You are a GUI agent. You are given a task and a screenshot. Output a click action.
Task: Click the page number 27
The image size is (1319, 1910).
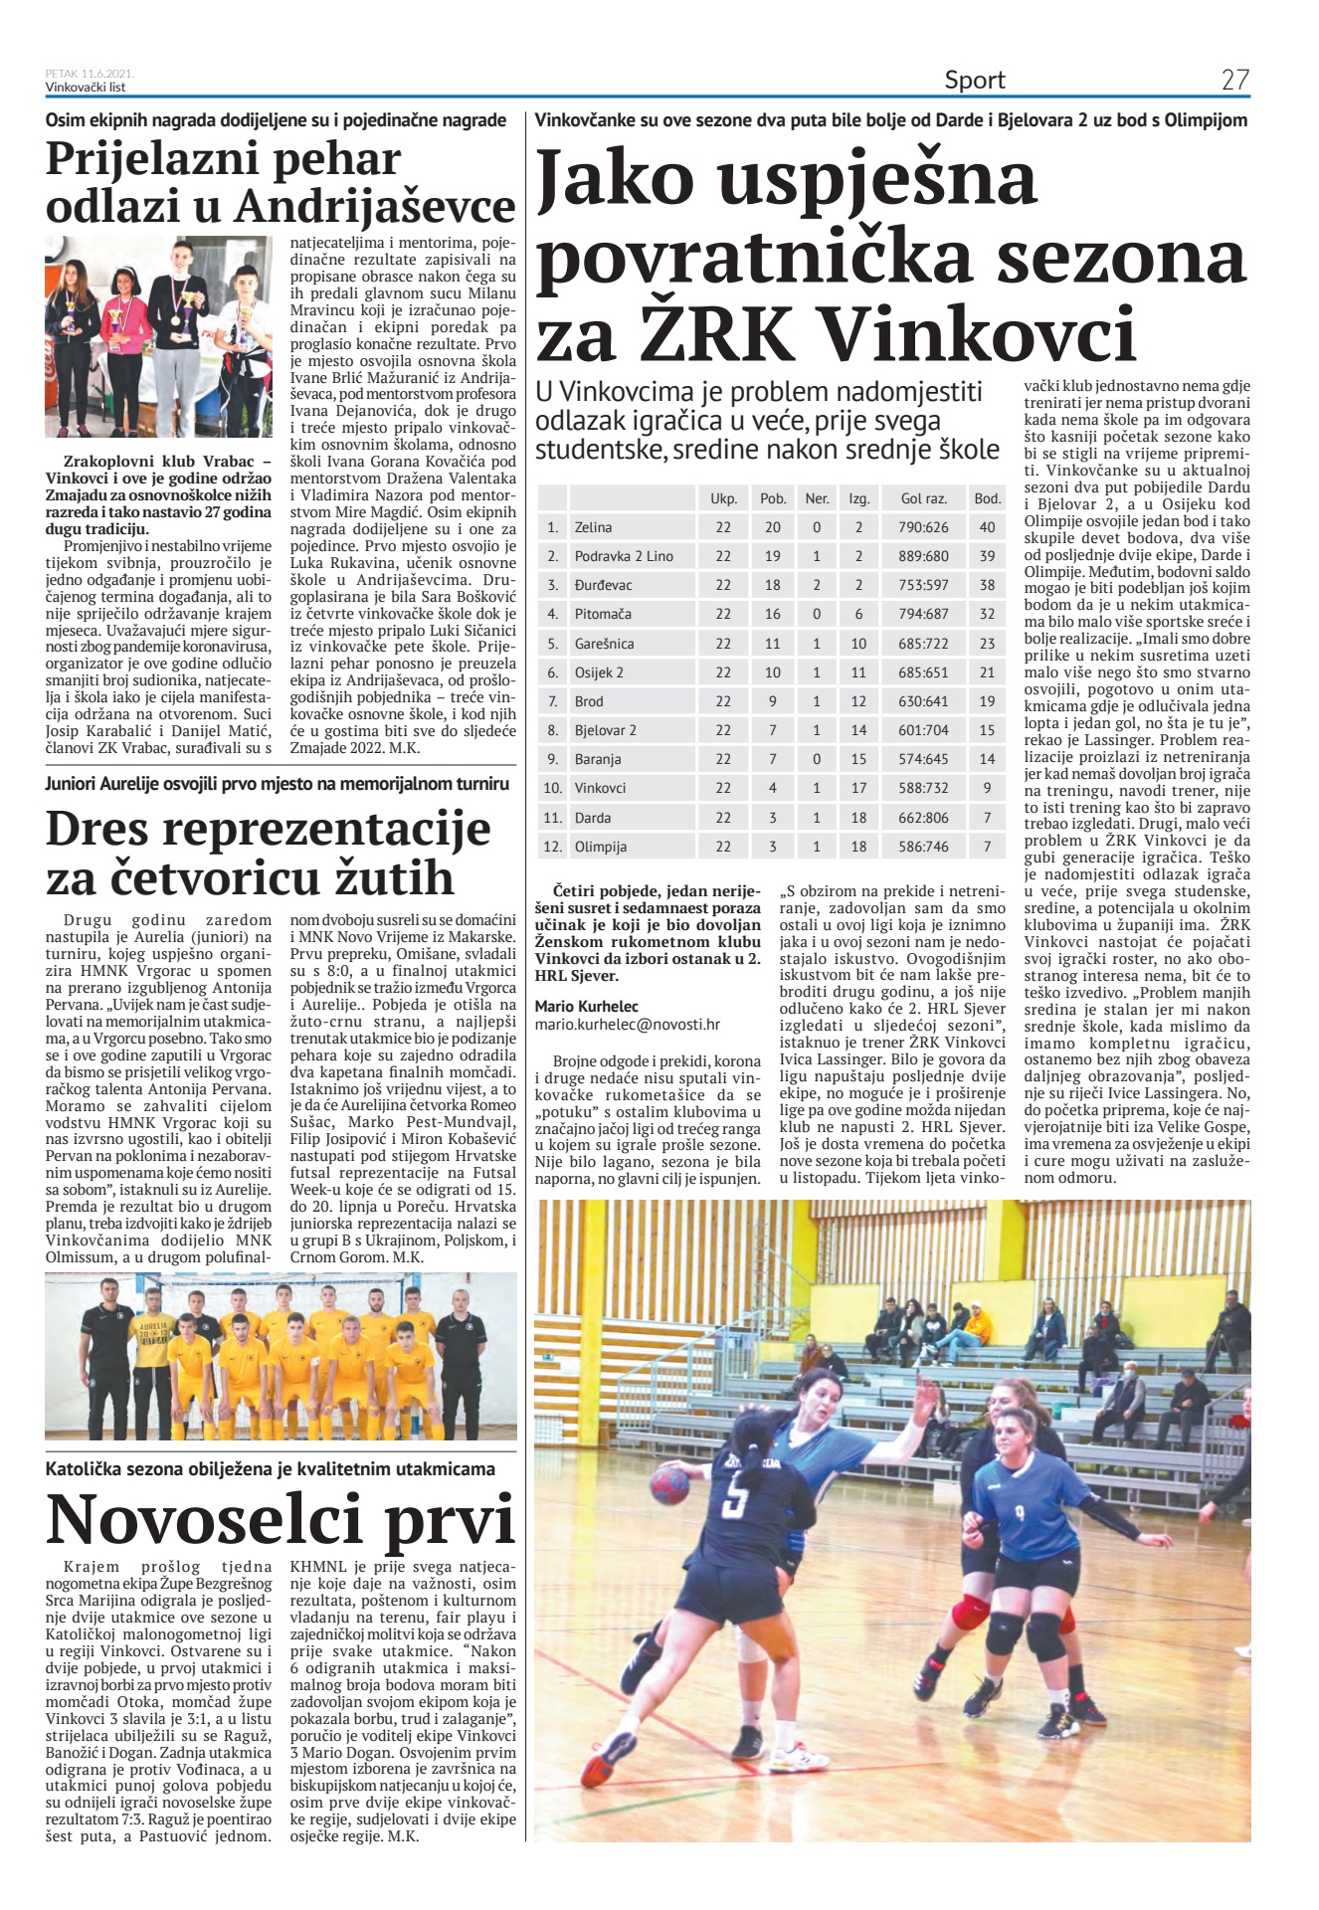click(x=1234, y=81)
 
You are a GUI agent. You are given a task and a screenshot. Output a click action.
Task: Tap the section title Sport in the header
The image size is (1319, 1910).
click(x=975, y=81)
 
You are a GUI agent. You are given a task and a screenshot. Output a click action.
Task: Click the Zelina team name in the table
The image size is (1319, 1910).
click(x=593, y=527)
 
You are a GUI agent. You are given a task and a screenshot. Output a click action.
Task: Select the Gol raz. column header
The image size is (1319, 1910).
click(x=924, y=498)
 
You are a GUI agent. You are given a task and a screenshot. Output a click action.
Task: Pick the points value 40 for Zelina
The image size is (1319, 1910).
click(x=987, y=527)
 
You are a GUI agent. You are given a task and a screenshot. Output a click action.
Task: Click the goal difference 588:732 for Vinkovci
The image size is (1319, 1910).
click(x=924, y=788)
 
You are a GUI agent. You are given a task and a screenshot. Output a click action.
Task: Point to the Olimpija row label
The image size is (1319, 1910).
click(x=601, y=847)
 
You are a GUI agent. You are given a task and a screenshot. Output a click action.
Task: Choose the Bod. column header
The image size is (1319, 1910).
click(x=987, y=498)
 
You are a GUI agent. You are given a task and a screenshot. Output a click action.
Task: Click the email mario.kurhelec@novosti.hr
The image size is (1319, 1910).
click(x=627, y=1024)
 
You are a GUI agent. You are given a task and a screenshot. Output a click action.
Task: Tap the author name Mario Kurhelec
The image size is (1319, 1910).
click(x=587, y=1006)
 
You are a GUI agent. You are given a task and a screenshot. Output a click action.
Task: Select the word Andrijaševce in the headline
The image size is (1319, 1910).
click(x=375, y=207)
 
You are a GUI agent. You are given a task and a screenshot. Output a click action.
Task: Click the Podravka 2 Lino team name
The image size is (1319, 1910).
click(x=624, y=556)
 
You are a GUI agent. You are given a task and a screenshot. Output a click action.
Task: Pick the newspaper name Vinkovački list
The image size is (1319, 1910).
click(x=86, y=88)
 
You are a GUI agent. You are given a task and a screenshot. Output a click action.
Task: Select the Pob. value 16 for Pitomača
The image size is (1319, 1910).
click(x=773, y=614)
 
